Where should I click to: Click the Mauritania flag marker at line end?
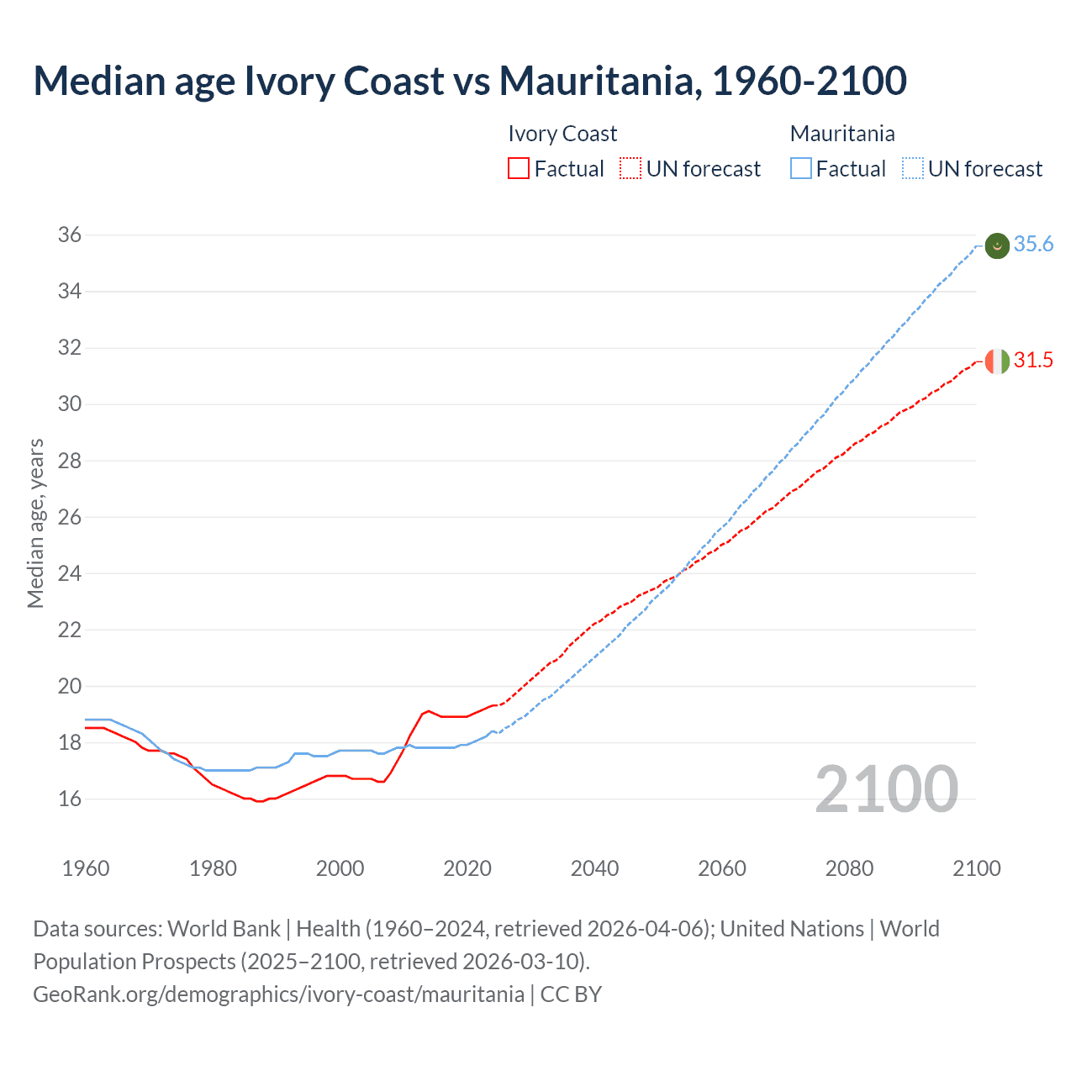click(996, 245)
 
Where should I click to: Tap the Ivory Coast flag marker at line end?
click(996, 361)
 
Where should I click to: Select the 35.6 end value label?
click(1033, 245)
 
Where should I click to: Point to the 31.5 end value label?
click(1033, 361)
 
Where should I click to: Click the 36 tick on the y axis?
click(70, 235)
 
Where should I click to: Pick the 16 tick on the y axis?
click(70, 799)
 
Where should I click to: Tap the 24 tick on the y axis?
click(70, 574)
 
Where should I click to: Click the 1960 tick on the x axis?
click(86, 868)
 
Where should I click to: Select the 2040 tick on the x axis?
click(594, 868)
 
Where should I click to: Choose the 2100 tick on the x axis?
click(976, 868)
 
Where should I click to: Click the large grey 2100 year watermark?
click(886, 789)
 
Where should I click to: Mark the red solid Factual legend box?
click(519, 169)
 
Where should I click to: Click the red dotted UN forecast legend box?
click(630, 169)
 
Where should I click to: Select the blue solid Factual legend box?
click(801, 169)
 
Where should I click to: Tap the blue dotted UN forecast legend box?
click(913, 169)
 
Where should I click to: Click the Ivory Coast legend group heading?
click(562, 134)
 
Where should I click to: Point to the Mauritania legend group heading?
click(842, 134)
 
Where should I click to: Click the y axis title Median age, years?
click(35, 523)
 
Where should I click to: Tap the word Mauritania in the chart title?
click(600, 81)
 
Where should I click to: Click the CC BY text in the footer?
click(571, 994)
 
